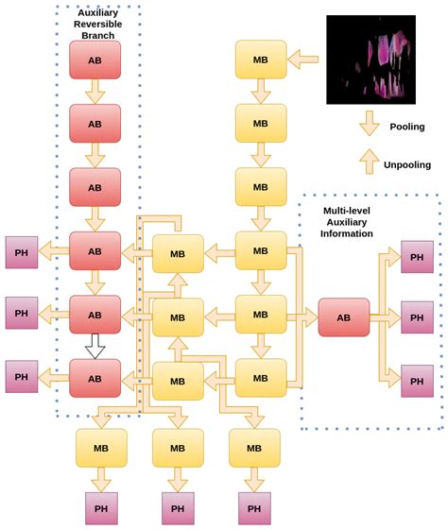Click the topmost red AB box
(95, 60)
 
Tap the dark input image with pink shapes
(370, 59)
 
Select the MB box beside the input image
(261, 60)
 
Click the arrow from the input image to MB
(303, 60)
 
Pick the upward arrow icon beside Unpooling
(370, 162)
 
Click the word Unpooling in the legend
(407, 164)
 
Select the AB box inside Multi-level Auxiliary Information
(343, 317)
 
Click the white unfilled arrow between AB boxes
(95, 347)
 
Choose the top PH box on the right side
(417, 256)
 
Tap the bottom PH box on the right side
(417, 380)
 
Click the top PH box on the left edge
(22, 252)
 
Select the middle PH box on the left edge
(22, 313)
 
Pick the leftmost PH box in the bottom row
(102, 507)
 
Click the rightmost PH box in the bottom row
(254, 507)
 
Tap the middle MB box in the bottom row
(178, 447)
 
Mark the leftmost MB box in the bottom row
(102, 447)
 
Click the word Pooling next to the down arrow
(407, 127)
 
